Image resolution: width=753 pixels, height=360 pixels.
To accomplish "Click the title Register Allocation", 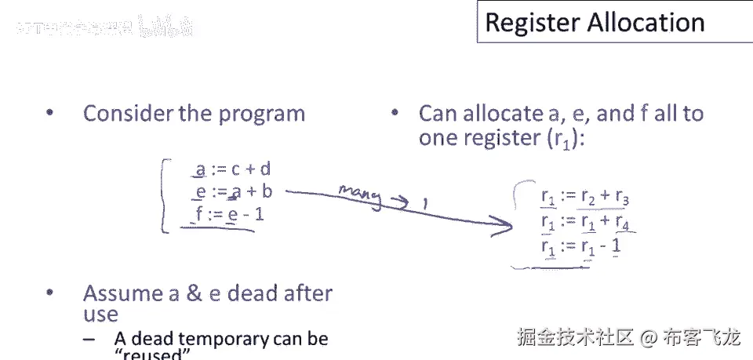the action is pyautogui.click(x=594, y=22).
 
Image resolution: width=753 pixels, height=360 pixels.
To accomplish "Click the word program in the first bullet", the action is pyautogui.click(x=264, y=114).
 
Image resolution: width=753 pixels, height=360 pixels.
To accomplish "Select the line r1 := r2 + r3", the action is pyautogui.click(x=584, y=198).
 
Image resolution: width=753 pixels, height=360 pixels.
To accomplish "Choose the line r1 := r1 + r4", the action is pyautogui.click(x=584, y=222).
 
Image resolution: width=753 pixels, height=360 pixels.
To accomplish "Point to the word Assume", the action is pyautogui.click(x=123, y=294).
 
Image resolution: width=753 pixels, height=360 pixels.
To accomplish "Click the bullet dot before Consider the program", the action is pyautogui.click(x=51, y=114).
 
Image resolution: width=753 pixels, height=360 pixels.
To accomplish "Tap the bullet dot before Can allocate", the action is pyautogui.click(x=397, y=114).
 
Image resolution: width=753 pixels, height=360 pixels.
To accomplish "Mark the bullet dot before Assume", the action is pyautogui.click(x=51, y=294).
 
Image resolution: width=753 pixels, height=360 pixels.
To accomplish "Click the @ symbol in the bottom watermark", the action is pyautogui.click(x=647, y=339).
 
